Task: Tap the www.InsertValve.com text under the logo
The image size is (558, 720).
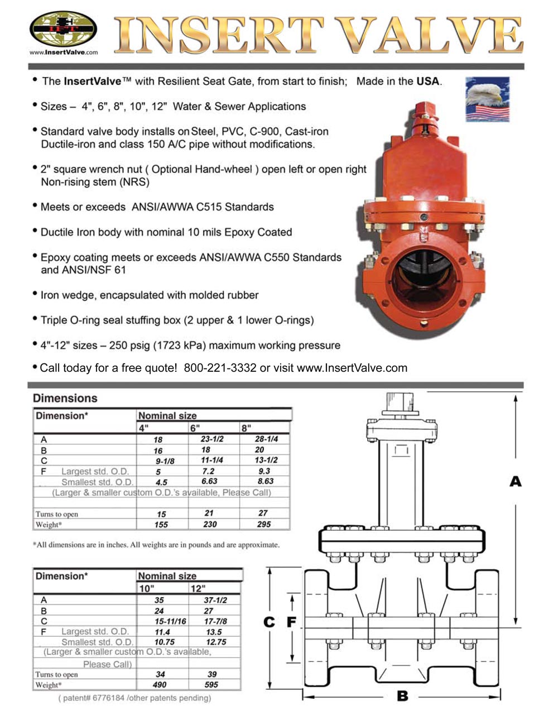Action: (x=63, y=52)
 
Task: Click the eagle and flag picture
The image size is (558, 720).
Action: (x=487, y=99)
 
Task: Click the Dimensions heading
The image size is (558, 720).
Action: (x=65, y=398)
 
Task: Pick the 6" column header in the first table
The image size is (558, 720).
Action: (x=195, y=428)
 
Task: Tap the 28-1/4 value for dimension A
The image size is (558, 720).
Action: (x=267, y=439)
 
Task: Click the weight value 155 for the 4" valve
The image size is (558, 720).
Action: (x=161, y=525)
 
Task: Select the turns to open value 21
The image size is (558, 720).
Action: (x=209, y=513)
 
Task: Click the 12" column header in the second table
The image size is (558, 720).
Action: (x=198, y=588)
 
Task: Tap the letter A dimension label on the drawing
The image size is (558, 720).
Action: (x=515, y=481)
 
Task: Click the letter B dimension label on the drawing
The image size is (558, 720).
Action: (x=402, y=696)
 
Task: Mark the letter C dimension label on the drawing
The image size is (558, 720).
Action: (x=270, y=622)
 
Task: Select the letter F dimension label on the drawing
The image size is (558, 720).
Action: (x=291, y=622)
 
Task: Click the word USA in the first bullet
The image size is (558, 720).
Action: (x=428, y=81)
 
